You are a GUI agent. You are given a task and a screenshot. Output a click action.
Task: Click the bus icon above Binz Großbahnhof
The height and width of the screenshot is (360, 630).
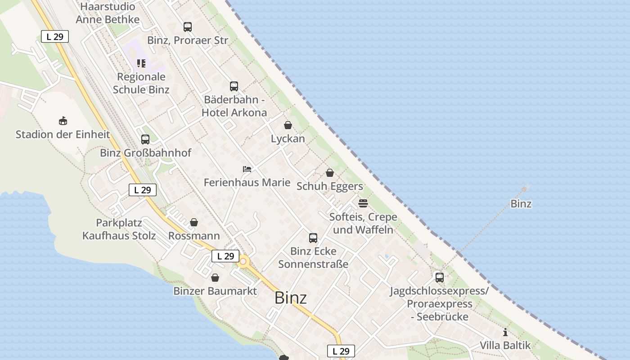(145, 139)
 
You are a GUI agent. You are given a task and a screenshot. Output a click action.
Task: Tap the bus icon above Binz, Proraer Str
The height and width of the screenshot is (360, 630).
(187, 27)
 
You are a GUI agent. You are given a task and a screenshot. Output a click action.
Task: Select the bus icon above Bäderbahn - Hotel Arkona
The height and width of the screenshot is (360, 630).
(234, 86)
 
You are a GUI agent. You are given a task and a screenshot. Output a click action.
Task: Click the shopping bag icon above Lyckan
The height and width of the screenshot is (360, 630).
(288, 125)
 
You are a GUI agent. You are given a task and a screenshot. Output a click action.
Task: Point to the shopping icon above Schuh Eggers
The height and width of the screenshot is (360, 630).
(329, 173)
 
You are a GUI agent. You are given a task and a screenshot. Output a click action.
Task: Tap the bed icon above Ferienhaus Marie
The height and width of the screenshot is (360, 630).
(247, 169)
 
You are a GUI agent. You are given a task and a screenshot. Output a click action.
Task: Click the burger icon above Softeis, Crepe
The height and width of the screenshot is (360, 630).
(363, 203)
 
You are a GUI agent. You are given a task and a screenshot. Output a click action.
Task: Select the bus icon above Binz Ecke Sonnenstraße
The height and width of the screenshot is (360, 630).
(313, 238)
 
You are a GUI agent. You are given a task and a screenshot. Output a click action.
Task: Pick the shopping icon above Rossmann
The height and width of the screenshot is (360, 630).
(193, 222)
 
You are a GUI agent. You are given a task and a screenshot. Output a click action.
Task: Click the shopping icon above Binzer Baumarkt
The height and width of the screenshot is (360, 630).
(215, 278)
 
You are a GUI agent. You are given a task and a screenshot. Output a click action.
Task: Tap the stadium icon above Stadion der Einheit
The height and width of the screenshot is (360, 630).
(63, 121)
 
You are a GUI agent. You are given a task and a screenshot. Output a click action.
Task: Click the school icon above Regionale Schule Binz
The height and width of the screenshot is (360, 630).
(141, 63)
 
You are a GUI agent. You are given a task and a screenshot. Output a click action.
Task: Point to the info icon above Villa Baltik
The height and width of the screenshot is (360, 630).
(505, 333)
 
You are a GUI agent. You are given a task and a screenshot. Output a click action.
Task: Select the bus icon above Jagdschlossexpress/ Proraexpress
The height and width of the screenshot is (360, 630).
(439, 278)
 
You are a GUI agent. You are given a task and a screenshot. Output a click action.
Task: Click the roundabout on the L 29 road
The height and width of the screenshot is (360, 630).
(243, 261)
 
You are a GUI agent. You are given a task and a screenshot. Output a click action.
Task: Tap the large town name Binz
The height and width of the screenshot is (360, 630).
(290, 298)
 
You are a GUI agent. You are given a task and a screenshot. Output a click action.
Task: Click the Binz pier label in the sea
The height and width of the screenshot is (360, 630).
(521, 204)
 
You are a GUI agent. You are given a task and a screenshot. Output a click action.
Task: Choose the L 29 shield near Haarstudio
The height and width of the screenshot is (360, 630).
(55, 37)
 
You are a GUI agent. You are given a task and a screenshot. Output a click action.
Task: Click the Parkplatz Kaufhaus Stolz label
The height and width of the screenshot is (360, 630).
(119, 229)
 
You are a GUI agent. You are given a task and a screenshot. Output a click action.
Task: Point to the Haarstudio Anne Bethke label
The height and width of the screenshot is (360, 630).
(108, 13)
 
